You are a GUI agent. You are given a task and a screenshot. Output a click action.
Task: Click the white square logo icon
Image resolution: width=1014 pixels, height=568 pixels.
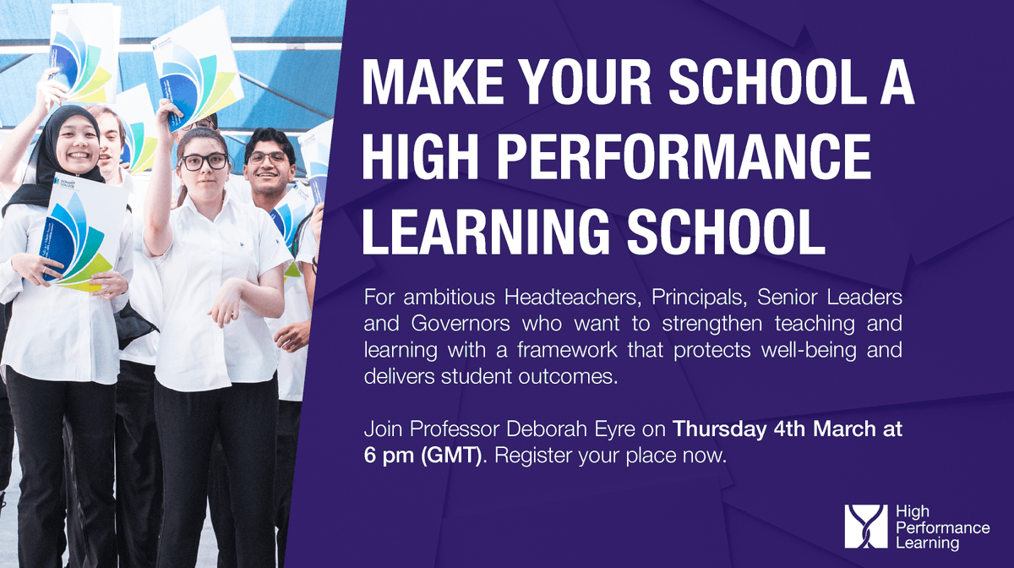tap(866, 527)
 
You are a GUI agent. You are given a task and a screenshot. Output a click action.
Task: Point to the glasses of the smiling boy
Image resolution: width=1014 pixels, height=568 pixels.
tap(270, 157)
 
